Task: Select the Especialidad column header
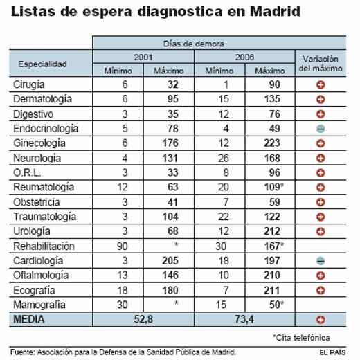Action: point(42,64)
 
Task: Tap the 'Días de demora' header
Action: point(196,44)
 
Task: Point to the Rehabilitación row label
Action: point(44,246)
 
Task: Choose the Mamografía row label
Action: point(39,303)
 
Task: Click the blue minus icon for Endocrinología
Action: point(320,129)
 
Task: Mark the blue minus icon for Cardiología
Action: point(320,261)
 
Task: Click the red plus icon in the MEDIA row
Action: point(320,319)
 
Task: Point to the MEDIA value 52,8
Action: point(144,318)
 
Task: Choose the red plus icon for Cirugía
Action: point(320,84)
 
